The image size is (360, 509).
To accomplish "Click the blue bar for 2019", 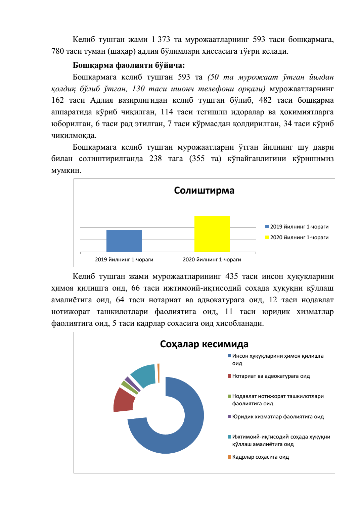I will [x=124, y=241].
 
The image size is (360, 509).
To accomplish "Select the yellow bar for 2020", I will [x=212, y=234].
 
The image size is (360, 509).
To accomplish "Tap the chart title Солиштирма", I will [x=204, y=190].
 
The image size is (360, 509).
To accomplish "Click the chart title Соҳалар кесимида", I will [x=204, y=344].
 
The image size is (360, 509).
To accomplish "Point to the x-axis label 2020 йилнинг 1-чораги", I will [x=212, y=259].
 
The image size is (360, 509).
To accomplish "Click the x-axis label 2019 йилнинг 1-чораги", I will [x=124, y=259].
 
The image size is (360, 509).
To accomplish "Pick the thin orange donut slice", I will [x=158, y=373].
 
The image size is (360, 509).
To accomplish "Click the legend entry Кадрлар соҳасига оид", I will [x=260, y=457].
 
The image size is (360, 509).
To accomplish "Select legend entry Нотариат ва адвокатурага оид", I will [x=271, y=376].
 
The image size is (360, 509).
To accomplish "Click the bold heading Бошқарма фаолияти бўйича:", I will [x=129, y=65].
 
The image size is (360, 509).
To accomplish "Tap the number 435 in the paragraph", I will [x=231, y=276].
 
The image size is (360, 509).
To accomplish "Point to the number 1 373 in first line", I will [x=161, y=40].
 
